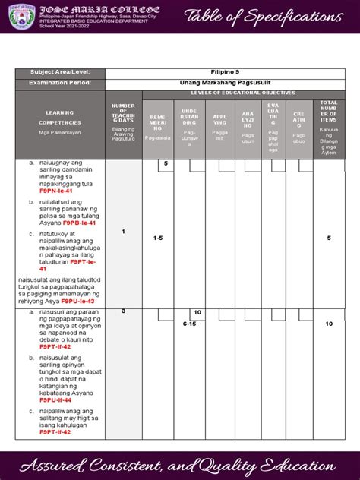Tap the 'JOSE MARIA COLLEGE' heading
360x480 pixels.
click(92, 8)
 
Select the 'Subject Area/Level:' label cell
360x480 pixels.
click(59, 72)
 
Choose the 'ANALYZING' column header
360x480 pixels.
click(248, 126)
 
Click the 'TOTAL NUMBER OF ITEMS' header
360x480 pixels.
click(329, 122)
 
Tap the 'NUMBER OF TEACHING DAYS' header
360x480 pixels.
click(122, 122)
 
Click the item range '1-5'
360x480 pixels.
click(157, 238)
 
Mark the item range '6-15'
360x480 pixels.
click(189, 324)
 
